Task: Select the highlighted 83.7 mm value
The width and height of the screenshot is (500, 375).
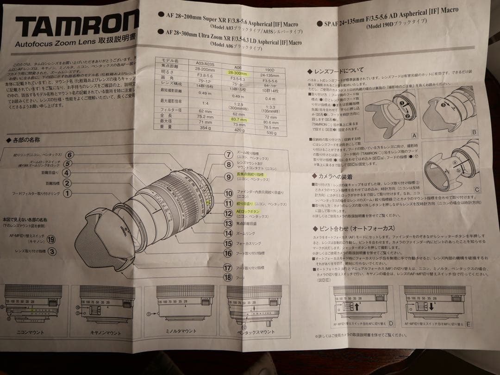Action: pos(237,119)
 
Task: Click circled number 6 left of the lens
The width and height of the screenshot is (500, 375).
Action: pos(69,155)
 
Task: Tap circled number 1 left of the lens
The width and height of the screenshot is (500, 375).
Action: pos(68,194)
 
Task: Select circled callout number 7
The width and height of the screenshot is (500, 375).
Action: pos(228,155)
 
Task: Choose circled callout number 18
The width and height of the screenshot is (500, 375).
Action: pos(227,277)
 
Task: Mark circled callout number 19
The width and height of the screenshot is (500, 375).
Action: pos(51,239)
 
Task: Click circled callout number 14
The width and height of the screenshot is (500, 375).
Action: pos(228,233)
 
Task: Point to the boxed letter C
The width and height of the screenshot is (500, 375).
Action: pos(477,189)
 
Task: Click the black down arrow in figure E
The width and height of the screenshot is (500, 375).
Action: pos(430,306)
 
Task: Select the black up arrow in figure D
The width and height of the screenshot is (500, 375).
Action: pos(357,306)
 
